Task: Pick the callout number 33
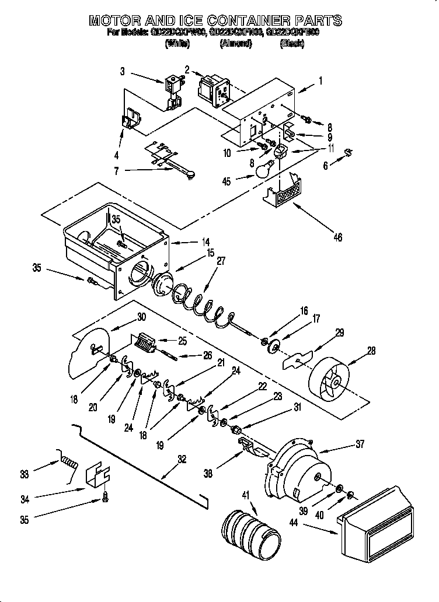[24, 474]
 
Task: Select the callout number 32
[182, 459]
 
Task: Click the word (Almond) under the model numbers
[235, 44]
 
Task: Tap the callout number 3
[122, 72]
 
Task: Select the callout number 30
[141, 317]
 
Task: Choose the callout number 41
[245, 495]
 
